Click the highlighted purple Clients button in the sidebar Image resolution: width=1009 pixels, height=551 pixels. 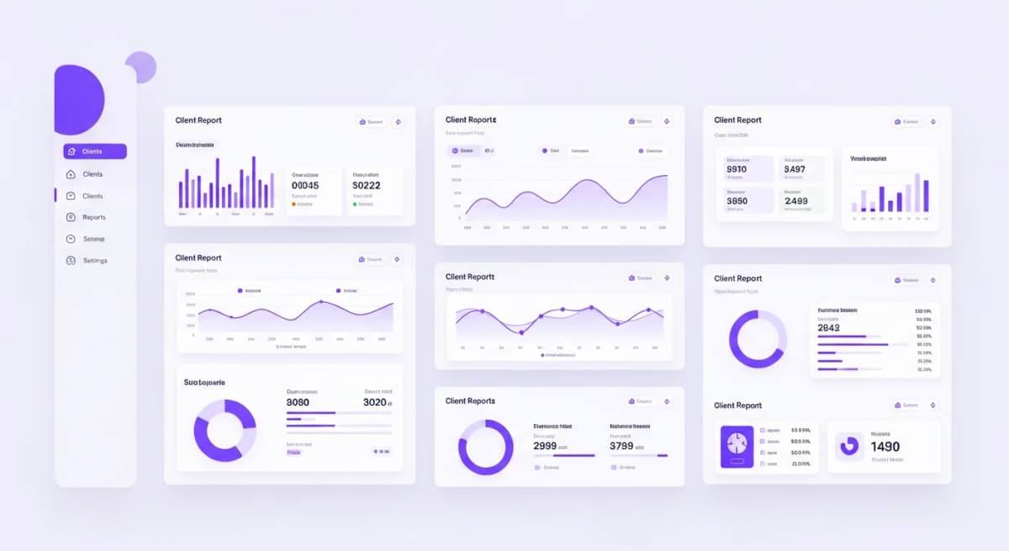pyautogui.click(x=94, y=151)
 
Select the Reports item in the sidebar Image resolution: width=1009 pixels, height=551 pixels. pyautogui.click(x=93, y=217)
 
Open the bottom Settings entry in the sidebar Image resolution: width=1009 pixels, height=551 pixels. pyautogui.click(x=94, y=261)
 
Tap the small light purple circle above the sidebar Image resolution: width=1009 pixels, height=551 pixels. pyautogui.click(x=140, y=67)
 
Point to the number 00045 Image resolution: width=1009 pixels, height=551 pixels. pyautogui.click(x=305, y=186)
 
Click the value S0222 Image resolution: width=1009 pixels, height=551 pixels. pyautogui.click(x=367, y=186)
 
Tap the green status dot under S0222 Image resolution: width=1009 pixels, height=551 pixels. pyautogui.click(x=355, y=204)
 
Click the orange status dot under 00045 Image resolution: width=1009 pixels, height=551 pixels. pyautogui.click(x=293, y=204)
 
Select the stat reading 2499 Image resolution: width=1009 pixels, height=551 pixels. pyautogui.click(x=795, y=201)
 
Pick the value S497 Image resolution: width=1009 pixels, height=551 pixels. pyautogui.click(x=795, y=169)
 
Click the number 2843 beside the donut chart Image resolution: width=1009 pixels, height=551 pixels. pyautogui.click(x=828, y=328)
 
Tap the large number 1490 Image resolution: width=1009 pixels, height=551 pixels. pyautogui.click(x=885, y=447)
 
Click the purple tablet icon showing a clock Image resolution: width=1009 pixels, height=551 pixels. pyautogui.click(x=737, y=447)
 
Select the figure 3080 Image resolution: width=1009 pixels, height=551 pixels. pyautogui.click(x=298, y=402)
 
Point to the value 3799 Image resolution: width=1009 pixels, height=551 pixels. pyautogui.click(x=621, y=446)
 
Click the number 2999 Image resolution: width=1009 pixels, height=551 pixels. pyautogui.click(x=545, y=446)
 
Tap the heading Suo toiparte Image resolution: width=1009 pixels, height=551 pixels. pyautogui.click(x=204, y=382)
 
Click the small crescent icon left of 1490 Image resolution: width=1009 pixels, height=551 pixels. pyautogui.click(x=849, y=446)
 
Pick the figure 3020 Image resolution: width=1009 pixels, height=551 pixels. pyautogui.click(x=375, y=402)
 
